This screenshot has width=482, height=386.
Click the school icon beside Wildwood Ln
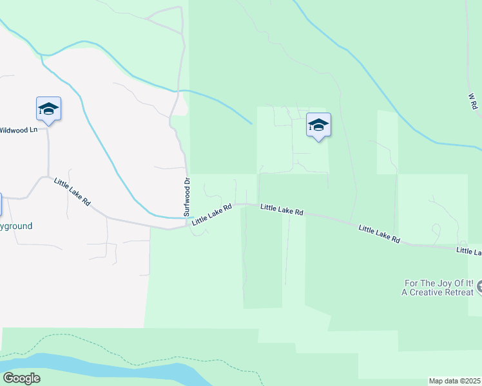(48, 109)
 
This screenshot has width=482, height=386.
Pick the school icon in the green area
(318, 125)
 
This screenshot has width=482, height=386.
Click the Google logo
(21, 378)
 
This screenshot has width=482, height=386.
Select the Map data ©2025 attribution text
(455, 381)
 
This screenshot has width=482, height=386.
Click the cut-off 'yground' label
(16, 226)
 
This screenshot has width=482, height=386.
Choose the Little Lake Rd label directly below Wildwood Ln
(72, 191)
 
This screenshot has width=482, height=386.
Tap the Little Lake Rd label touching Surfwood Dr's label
(212, 215)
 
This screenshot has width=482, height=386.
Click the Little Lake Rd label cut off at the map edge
(468, 251)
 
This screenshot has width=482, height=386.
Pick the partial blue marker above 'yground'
(1, 205)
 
